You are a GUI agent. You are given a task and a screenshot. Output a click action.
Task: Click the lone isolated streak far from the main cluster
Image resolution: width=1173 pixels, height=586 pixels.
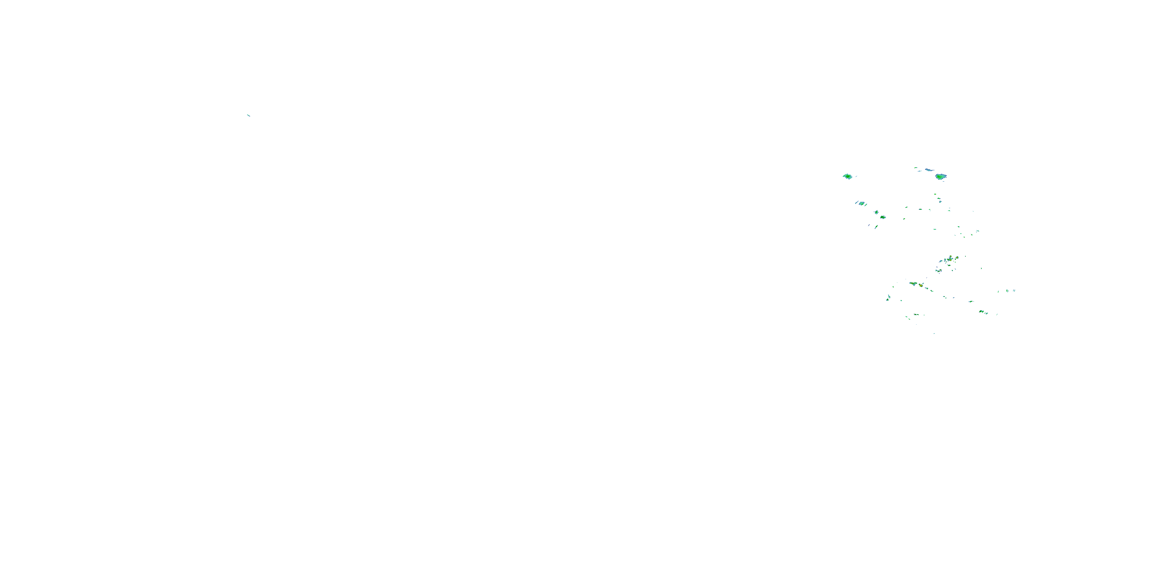tap(249, 115)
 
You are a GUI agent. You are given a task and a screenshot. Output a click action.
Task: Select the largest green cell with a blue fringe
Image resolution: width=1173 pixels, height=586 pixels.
tap(941, 177)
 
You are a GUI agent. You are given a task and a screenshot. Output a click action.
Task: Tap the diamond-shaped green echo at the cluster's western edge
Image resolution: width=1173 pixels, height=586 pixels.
tap(847, 176)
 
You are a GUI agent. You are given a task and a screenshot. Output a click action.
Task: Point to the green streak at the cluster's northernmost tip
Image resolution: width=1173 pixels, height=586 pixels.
tap(916, 168)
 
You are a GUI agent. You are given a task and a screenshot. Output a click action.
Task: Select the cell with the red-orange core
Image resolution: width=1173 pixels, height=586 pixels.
tap(921, 285)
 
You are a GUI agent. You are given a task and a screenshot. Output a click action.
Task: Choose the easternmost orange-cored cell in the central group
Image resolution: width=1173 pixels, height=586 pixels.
tap(957, 257)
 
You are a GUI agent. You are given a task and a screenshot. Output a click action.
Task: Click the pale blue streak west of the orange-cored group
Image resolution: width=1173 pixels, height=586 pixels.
tap(941, 261)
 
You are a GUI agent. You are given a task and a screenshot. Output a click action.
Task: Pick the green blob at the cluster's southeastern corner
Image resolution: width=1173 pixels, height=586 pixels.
tap(982, 312)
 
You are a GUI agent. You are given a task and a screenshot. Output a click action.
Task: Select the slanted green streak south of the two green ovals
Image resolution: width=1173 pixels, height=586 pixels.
tap(876, 227)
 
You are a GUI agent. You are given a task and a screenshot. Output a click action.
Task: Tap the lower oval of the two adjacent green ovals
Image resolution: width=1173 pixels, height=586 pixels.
tap(883, 217)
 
